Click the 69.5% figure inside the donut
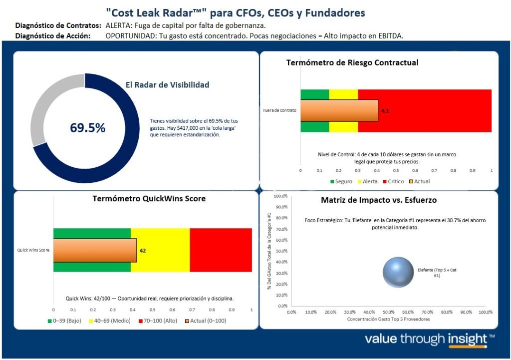click(88, 128)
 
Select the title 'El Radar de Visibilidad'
click(167, 85)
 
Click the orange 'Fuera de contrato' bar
click(339, 110)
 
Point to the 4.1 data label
click(385, 110)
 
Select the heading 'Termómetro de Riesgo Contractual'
click(352, 62)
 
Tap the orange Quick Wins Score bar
click(95, 250)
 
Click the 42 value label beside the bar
click(143, 250)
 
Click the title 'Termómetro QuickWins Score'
click(149, 198)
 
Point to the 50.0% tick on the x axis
click(388, 312)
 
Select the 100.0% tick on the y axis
click(281, 196)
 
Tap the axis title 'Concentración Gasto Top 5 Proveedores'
click(388, 319)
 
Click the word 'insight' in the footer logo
click(460, 340)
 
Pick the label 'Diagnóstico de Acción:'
click(53, 35)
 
